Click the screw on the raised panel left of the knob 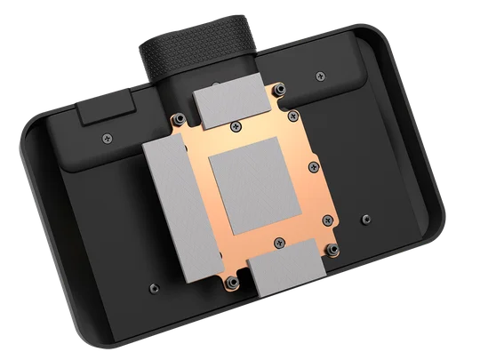[x=108, y=138]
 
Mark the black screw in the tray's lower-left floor [x=153, y=287]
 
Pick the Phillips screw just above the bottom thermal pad [x=280, y=239]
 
